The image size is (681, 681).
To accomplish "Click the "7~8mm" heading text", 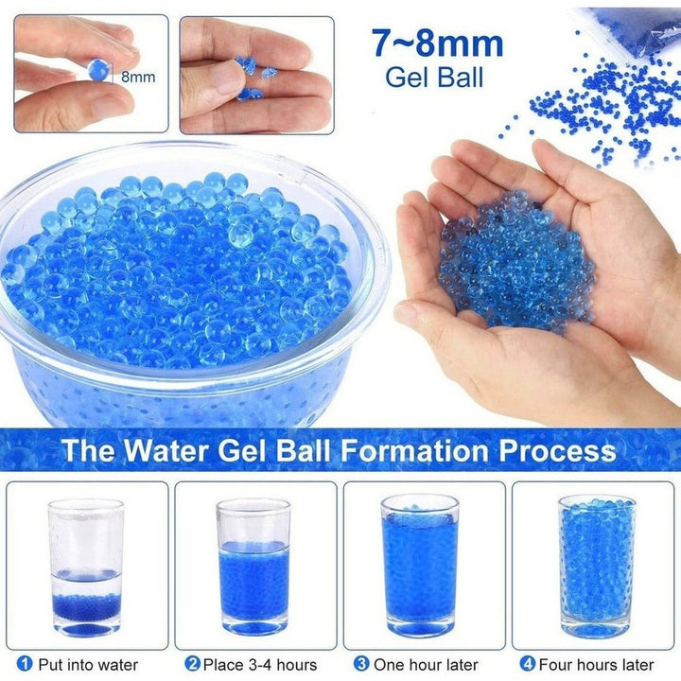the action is (x=437, y=44).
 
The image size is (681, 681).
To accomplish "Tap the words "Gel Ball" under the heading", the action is (x=434, y=78).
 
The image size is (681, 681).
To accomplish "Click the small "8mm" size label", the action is (x=138, y=77).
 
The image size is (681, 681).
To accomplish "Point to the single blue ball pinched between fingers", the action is (x=98, y=69).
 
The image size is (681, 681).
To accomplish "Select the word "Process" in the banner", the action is (x=557, y=450).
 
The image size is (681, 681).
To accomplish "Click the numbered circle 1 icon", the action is (x=25, y=664).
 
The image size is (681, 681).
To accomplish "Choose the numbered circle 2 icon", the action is (x=192, y=664).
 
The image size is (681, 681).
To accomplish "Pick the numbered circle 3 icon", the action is (x=361, y=664).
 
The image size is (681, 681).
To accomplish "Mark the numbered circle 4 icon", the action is (x=528, y=664).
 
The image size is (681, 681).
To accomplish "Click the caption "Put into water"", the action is (x=88, y=665).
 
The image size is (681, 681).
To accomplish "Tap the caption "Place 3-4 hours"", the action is (x=260, y=665).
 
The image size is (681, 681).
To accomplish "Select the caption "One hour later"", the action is (x=426, y=665).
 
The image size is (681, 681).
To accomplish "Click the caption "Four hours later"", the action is (x=596, y=665).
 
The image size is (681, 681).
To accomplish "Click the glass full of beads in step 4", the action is (x=597, y=566).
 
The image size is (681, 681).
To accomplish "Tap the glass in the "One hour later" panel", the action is (x=420, y=566).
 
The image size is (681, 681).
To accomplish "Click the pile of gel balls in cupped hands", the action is (x=516, y=261).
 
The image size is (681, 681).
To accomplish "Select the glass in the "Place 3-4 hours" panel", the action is (x=253, y=567).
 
